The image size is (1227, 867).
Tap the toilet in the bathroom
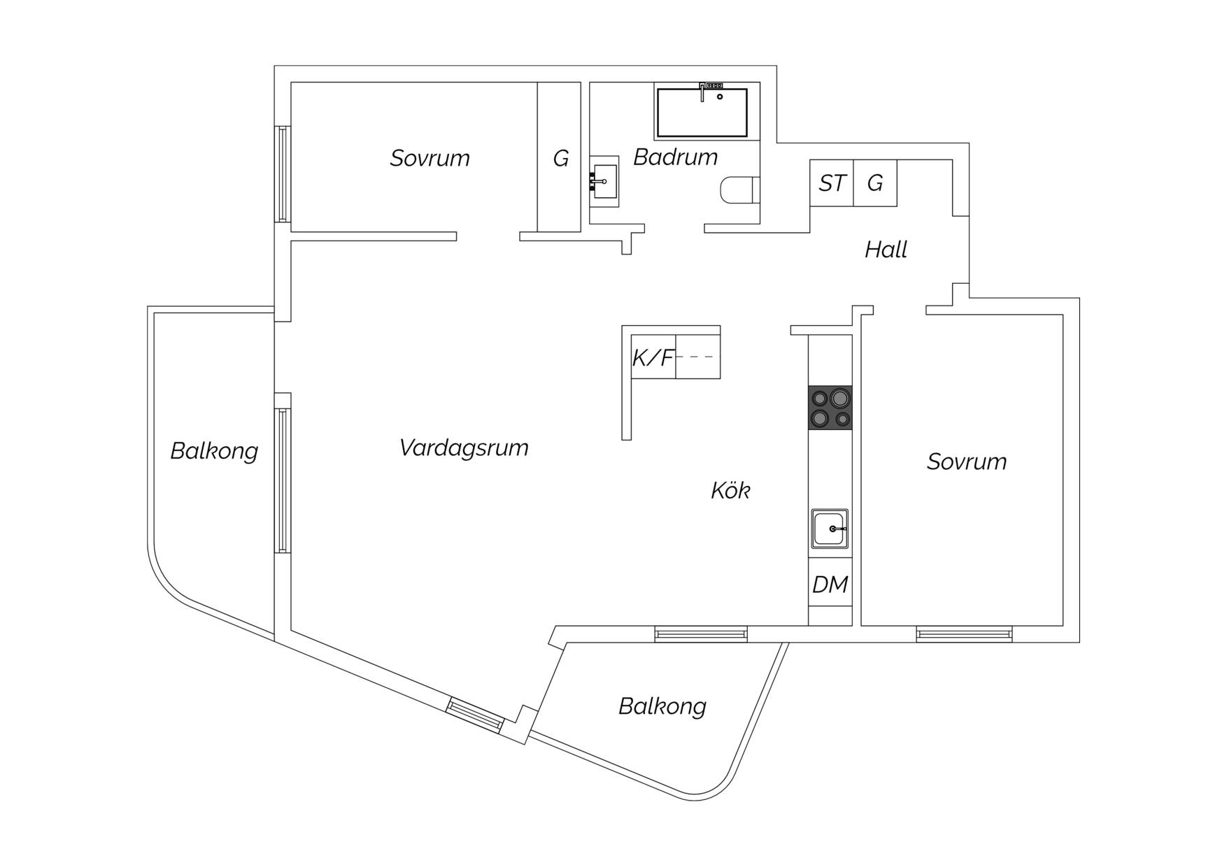[739, 190]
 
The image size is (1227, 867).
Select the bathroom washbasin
[604, 182]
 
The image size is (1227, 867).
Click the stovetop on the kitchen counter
[830, 408]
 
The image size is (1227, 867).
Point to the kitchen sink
[830, 529]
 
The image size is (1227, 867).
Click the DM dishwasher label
[830, 585]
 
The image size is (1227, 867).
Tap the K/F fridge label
[653, 358]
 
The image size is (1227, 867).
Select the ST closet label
[832, 183]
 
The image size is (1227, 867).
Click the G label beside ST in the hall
[875, 183]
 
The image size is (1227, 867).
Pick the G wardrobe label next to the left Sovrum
[560, 159]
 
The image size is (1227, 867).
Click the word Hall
[886, 250]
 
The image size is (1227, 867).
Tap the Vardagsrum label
[464, 447]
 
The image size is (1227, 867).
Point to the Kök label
[730, 490]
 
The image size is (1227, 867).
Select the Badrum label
[676, 157]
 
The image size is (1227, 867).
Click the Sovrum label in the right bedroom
[967, 461]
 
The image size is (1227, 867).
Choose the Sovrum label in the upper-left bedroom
[430, 158]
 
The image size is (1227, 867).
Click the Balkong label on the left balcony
[214, 451]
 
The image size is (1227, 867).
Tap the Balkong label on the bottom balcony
[662, 706]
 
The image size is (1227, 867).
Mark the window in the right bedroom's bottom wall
[964, 634]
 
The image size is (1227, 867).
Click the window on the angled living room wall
[475, 715]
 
